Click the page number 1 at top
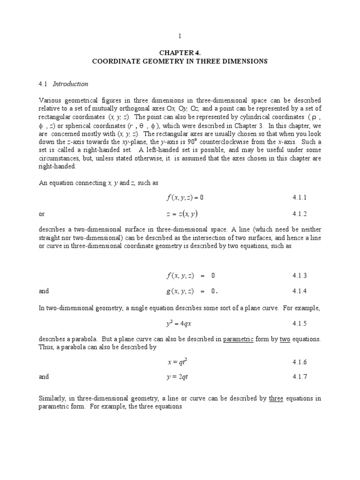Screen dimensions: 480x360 179,36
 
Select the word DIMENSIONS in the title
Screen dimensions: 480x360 246,61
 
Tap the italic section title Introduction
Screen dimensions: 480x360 70,84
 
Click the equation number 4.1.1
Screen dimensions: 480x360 299,197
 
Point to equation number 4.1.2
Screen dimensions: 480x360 299,214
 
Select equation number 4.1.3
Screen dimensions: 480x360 299,275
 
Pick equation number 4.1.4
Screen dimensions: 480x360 299,291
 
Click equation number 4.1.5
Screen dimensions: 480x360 299,323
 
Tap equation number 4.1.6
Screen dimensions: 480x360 299,362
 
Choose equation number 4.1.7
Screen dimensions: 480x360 299,376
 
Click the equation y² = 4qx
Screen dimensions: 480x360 180,322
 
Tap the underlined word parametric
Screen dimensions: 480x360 238,339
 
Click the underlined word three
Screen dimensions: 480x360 277,399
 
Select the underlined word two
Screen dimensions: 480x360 285,339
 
